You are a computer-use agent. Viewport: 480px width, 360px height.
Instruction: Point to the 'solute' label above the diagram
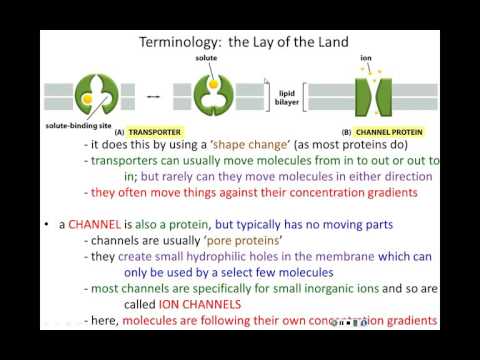207,59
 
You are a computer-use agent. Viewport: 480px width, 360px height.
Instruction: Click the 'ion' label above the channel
365,59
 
